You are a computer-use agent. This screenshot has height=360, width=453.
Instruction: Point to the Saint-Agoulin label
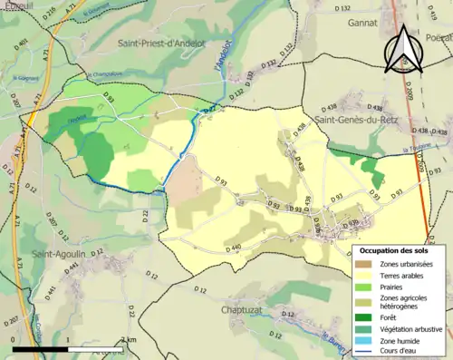point(58,254)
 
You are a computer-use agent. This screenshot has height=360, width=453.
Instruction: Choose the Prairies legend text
point(394,288)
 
